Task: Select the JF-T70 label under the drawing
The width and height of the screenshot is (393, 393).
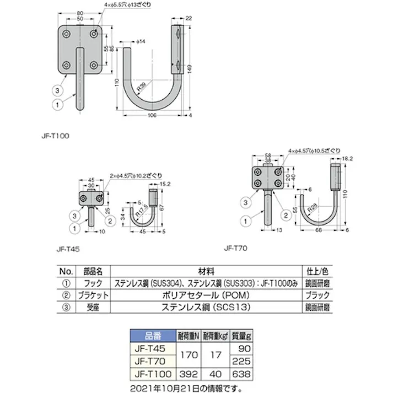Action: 235,248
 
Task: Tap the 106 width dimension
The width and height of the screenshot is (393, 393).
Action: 153,116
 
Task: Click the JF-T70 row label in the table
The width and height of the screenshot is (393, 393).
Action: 152,362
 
